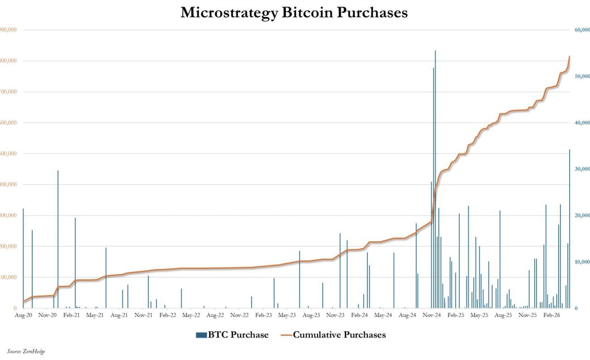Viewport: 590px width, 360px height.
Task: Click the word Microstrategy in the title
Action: point(229,12)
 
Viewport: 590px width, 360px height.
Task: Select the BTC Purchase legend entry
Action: point(232,335)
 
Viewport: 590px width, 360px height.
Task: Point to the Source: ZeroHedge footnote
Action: point(26,352)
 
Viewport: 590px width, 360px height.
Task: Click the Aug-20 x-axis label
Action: point(23,316)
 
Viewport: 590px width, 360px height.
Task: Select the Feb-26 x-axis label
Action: point(551,316)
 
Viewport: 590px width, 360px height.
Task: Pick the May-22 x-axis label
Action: point(191,316)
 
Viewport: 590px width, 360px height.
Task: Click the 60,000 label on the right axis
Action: point(582,30)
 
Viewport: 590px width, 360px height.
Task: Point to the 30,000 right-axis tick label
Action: point(582,169)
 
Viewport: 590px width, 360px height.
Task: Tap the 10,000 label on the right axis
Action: point(582,262)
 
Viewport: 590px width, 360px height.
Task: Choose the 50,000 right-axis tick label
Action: point(582,77)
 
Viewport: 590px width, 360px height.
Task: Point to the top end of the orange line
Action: point(570,57)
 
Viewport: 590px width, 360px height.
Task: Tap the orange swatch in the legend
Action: point(285,335)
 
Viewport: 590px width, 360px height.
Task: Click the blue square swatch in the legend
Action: point(201,335)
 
